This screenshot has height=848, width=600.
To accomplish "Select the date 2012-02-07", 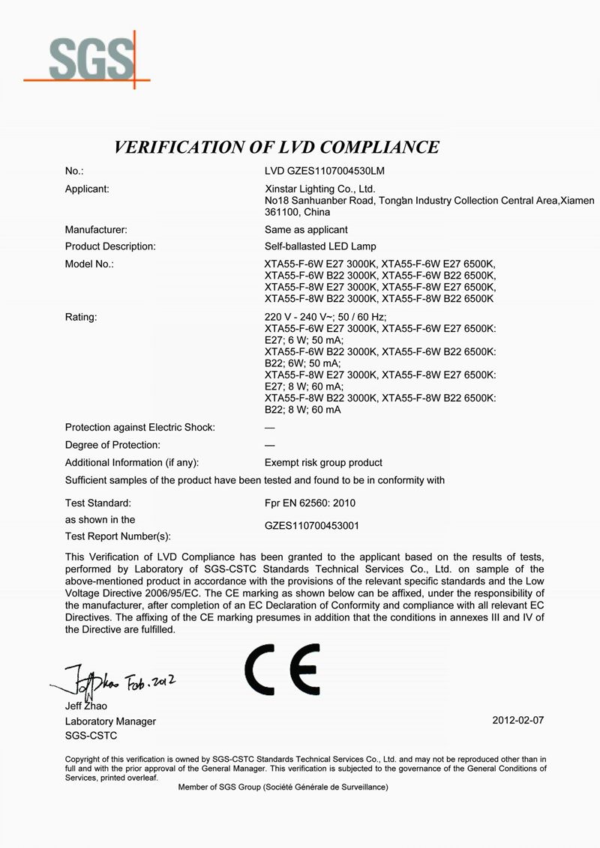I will click(x=517, y=721).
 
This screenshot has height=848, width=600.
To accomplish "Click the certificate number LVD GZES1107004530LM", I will click(x=325, y=171).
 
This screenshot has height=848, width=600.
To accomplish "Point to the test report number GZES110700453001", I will click(x=312, y=526).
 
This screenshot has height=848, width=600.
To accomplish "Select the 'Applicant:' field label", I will click(x=87, y=189).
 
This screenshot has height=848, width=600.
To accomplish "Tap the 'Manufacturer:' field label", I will click(x=96, y=229).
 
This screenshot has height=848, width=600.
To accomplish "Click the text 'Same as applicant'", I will click(x=306, y=229).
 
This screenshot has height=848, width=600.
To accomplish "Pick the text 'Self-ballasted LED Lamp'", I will click(x=320, y=246).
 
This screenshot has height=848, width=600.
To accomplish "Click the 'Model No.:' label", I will click(x=89, y=264).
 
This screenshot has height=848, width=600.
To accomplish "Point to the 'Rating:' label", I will click(x=81, y=317).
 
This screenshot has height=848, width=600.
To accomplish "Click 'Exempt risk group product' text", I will click(x=323, y=462).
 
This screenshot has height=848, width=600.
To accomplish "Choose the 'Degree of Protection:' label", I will click(x=112, y=445).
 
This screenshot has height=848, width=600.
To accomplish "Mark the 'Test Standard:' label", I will click(x=98, y=502).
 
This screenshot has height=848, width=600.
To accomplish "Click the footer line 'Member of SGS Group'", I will click(x=283, y=788).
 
